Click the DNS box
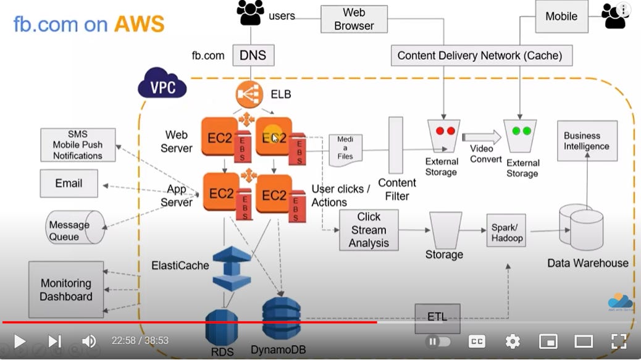pos(253,55)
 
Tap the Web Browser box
pos(354,19)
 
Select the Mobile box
pos(562,16)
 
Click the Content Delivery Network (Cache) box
pos(482,56)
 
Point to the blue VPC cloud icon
pos(162,84)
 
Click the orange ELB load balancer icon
pos(249,94)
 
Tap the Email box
pos(69,183)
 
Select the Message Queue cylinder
pos(75,227)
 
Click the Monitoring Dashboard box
pos(66,290)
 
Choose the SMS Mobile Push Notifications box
pos(78,145)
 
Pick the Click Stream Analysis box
pos(369,230)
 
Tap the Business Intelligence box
pos(587,141)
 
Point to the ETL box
pos(437,317)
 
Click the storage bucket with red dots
pos(444,136)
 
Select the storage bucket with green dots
pos(520,136)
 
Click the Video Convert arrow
pos(482,137)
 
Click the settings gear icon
pos(513,341)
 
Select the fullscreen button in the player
pos(619,341)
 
